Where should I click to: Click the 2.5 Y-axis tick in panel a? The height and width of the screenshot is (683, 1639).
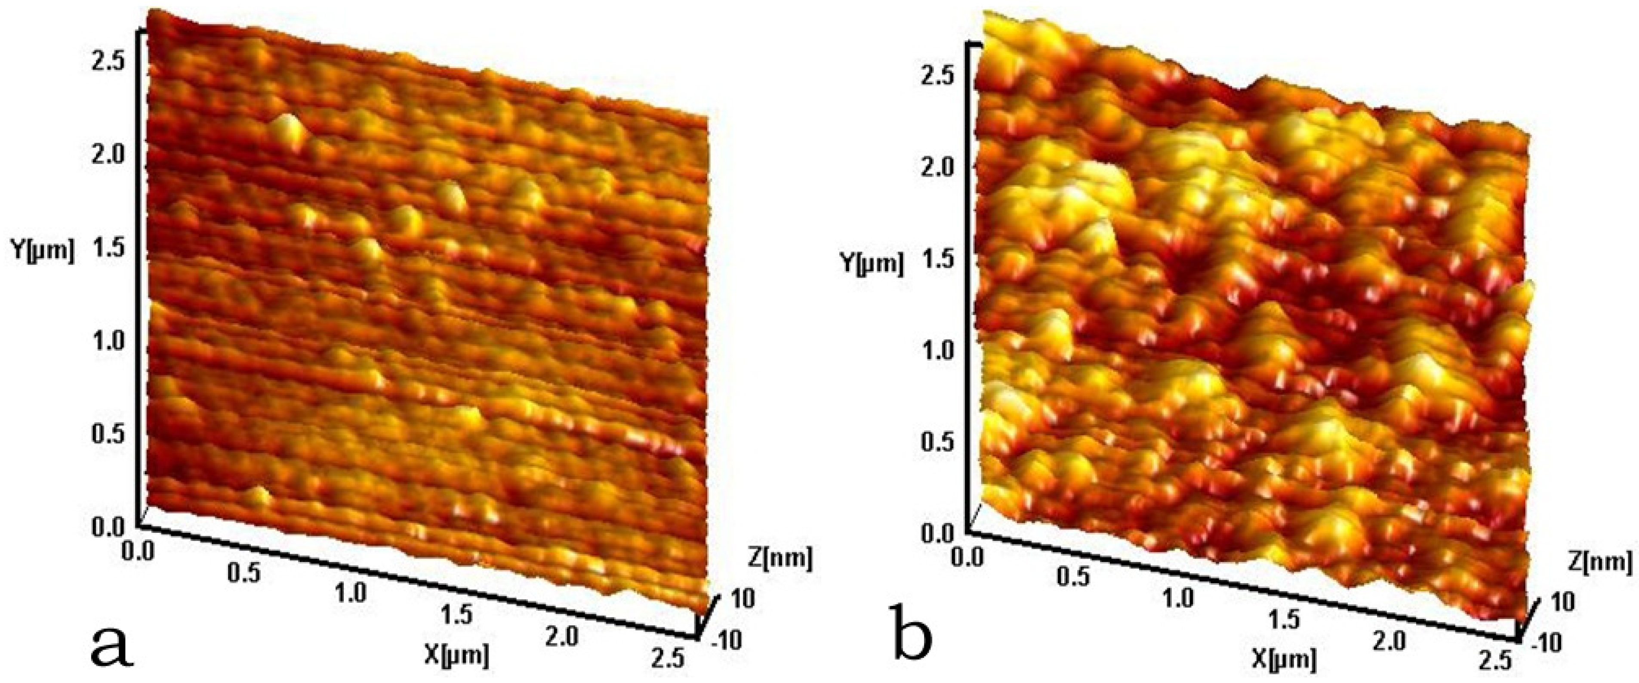coord(111,62)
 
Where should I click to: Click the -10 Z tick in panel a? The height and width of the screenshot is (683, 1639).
coord(726,641)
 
